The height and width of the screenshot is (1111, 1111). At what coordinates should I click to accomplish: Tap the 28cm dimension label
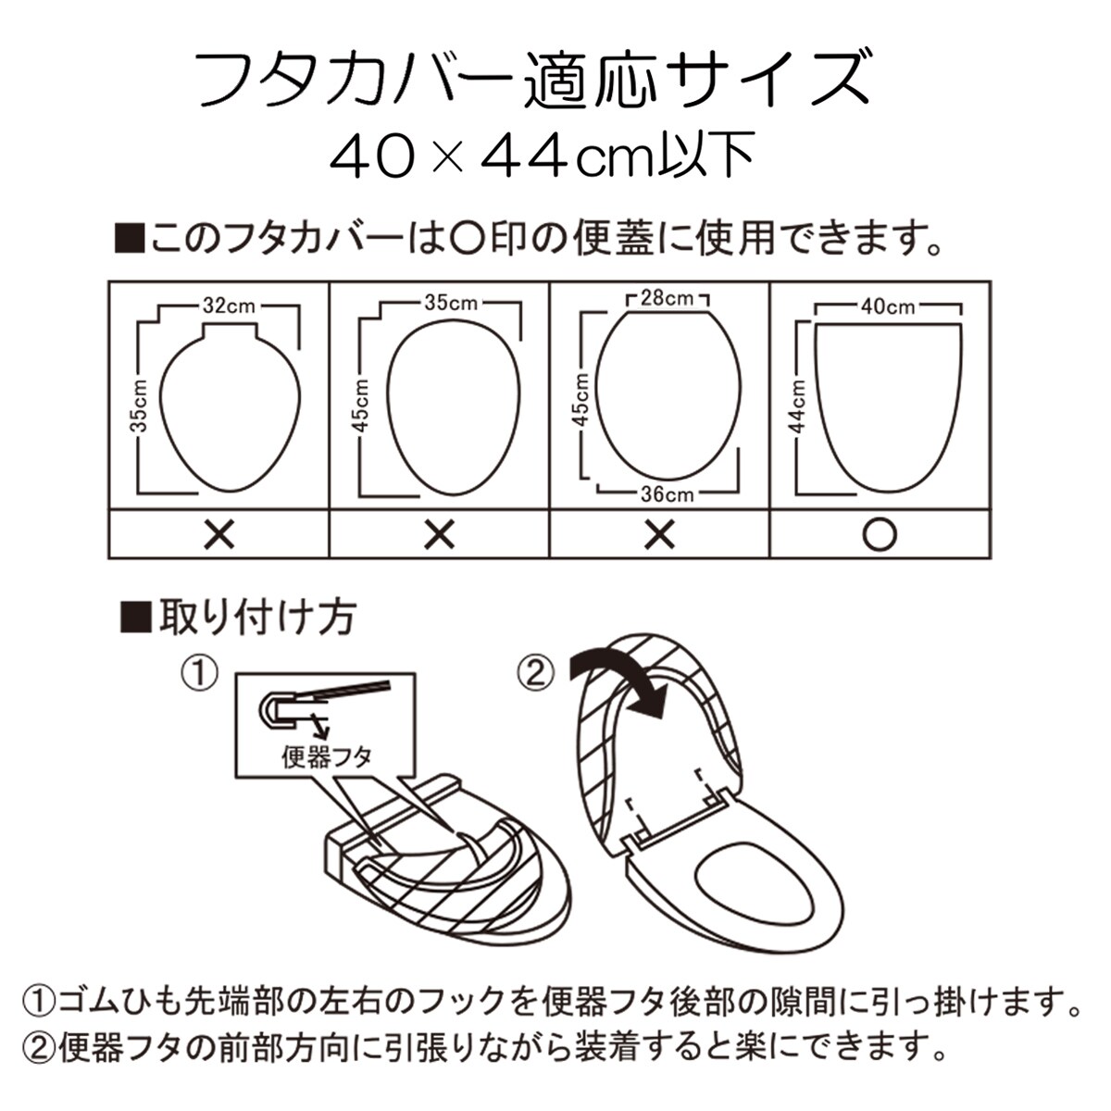[x=667, y=298]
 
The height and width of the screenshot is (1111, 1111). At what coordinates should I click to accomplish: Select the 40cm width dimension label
[x=888, y=306]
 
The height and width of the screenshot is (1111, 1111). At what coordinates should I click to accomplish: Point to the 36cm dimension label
[x=667, y=494]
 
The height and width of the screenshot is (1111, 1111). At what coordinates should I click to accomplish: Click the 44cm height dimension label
[x=798, y=407]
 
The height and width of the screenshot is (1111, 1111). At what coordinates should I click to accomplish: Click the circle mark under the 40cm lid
[x=880, y=534]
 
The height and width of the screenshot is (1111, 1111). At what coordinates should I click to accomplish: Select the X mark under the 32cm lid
[x=219, y=534]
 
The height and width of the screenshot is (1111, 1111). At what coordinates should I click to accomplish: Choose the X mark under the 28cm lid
[x=659, y=534]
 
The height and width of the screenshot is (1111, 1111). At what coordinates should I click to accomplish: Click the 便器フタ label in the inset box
[x=327, y=756]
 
